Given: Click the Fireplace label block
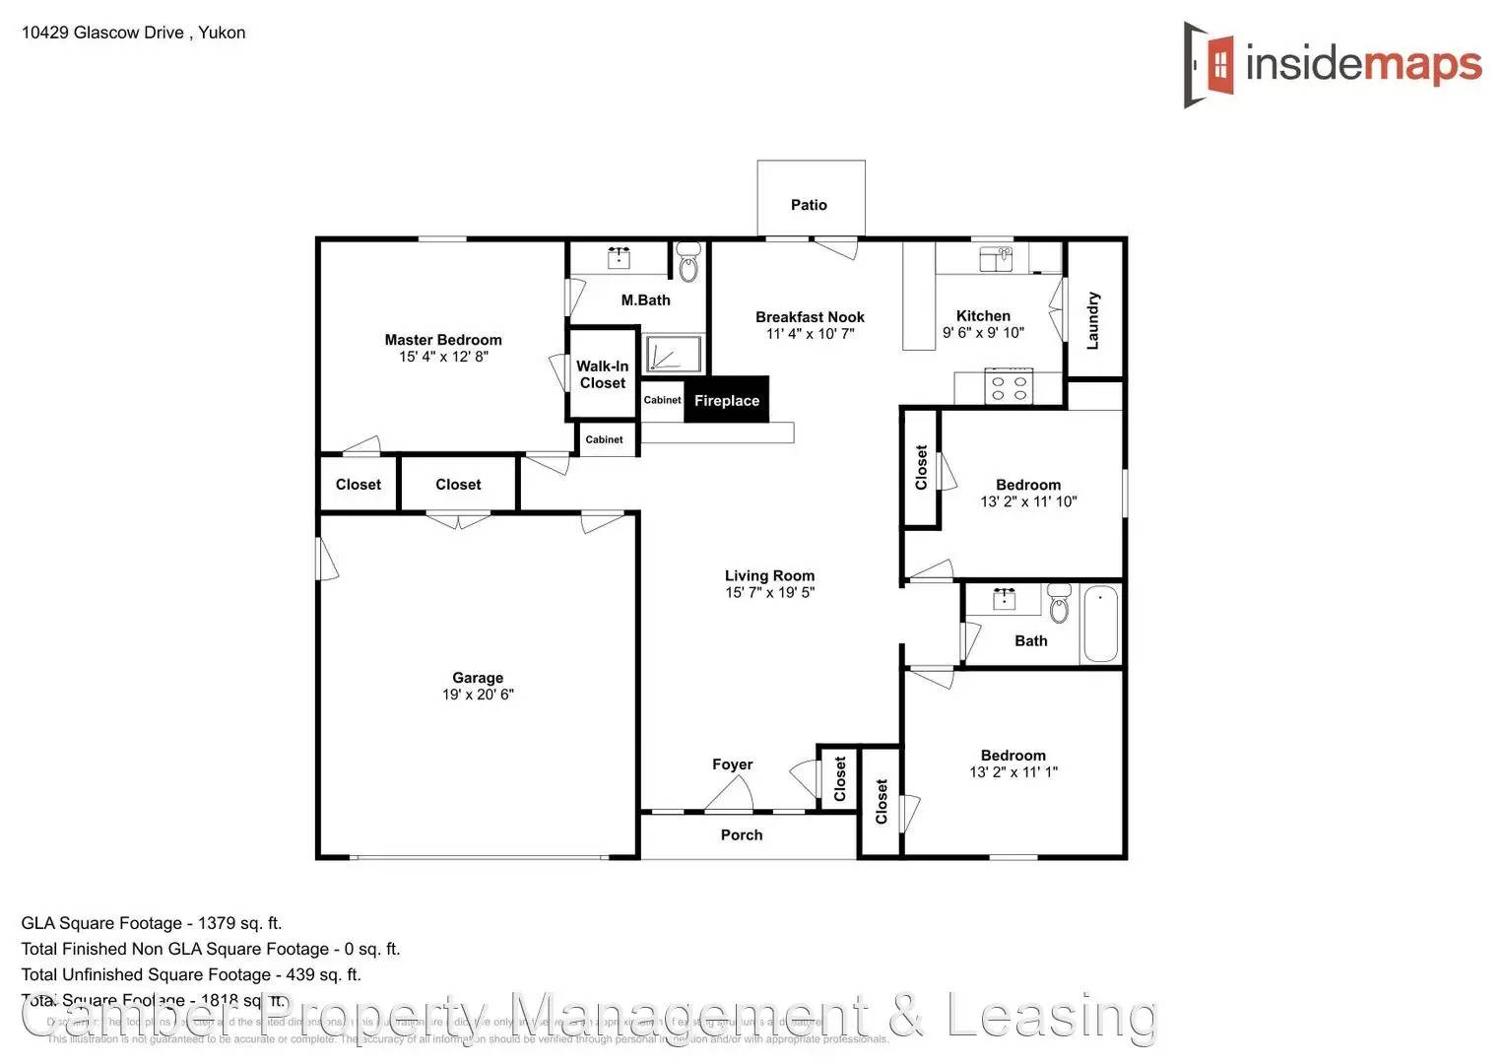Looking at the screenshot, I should click(x=727, y=400).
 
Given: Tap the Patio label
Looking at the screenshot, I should click(x=809, y=205).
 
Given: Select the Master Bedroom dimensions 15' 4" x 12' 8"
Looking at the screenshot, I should click(x=443, y=357).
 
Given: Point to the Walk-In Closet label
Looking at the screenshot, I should click(x=603, y=374).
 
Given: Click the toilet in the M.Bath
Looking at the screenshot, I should click(x=688, y=264).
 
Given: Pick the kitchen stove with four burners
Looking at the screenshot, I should click(x=1009, y=387).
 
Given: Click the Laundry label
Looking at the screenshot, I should click(x=1092, y=320).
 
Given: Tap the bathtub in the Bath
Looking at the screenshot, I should click(x=1100, y=624).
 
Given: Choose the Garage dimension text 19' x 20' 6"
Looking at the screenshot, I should click(x=478, y=695).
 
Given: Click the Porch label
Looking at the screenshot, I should click(x=742, y=835).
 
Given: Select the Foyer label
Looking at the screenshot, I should click(x=732, y=765).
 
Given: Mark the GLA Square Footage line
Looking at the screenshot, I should click(x=152, y=923).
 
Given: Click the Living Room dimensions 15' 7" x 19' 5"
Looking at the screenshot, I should click(x=769, y=593).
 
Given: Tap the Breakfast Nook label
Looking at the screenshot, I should click(x=810, y=317).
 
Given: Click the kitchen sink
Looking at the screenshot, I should click(x=996, y=259).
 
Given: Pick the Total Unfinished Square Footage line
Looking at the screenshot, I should click(x=191, y=974).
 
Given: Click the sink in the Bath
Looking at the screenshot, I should click(x=1005, y=599).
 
